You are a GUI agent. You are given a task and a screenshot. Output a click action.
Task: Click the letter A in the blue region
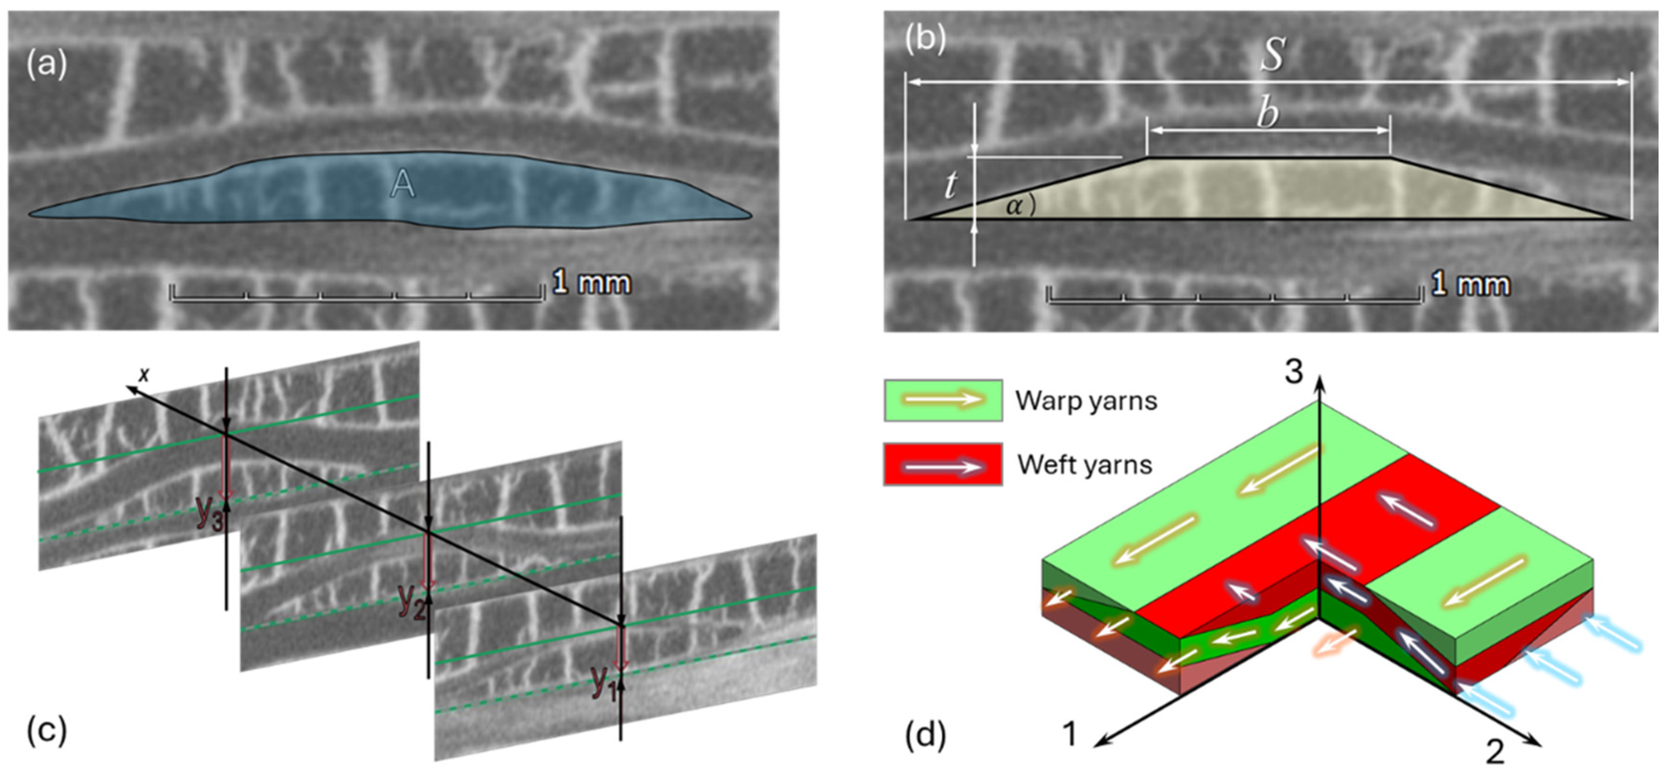[x=403, y=185]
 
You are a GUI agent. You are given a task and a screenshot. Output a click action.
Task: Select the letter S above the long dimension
[x=1272, y=55]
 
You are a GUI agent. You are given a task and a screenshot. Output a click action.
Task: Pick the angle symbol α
[x=1015, y=206]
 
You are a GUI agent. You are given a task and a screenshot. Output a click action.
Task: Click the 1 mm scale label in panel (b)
[x=1470, y=284]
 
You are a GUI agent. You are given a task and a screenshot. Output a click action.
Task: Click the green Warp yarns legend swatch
[x=943, y=400]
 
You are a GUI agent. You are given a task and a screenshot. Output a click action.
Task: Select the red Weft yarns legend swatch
[x=943, y=464]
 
